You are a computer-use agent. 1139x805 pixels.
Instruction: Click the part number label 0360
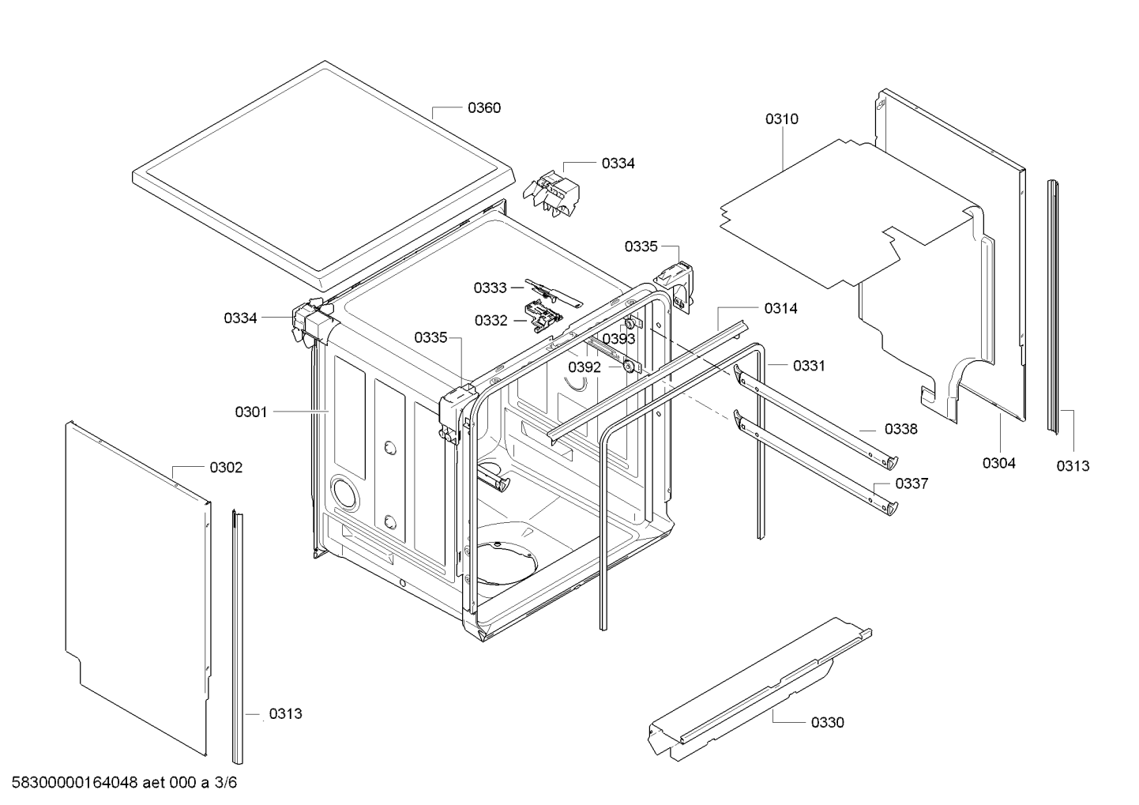pos(483,108)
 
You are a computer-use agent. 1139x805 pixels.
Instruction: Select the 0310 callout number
pos(781,119)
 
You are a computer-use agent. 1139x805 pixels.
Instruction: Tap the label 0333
pos(490,288)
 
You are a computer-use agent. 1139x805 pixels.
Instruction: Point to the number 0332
pos(491,321)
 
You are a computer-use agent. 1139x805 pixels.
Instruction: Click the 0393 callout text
pos(619,339)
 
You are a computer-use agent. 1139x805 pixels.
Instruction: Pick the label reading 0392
pos(585,367)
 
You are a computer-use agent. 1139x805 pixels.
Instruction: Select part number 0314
pos(780,309)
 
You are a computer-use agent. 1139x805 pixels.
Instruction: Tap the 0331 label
pos(809,366)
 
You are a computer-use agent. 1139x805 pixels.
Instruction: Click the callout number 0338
pos(900,429)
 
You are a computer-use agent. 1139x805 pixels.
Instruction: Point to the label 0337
pos(912,483)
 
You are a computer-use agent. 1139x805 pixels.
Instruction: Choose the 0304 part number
pos(998,463)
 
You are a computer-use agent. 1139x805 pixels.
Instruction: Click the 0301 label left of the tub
pos(251,412)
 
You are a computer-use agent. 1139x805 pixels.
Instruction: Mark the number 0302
pos(226,468)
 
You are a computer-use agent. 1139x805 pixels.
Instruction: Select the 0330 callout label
pos(827,722)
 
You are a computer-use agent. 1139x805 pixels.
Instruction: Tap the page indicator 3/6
pos(226,783)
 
